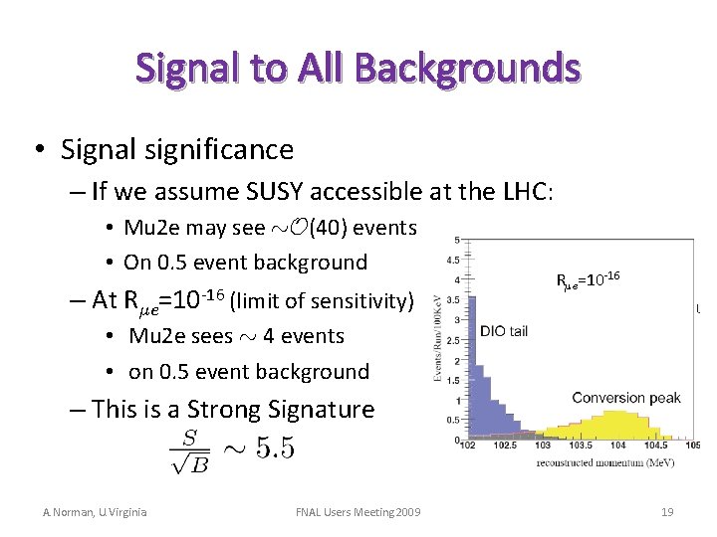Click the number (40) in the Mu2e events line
pyautogui.click(x=329, y=228)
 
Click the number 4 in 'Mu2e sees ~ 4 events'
pyautogui.click(x=269, y=336)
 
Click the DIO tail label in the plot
pyautogui.click(x=508, y=331)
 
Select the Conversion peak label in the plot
pyautogui.click(x=625, y=398)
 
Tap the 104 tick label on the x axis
pyautogui.click(x=619, y=447)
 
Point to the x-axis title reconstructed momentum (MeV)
pyautogui.click(x=623, y=461)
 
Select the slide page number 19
pyautogui.click(x=667, y=512)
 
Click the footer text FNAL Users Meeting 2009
pyautogui.click(x=358, y=512)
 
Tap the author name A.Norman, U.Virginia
pyautogui.click(x=95, y=512)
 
